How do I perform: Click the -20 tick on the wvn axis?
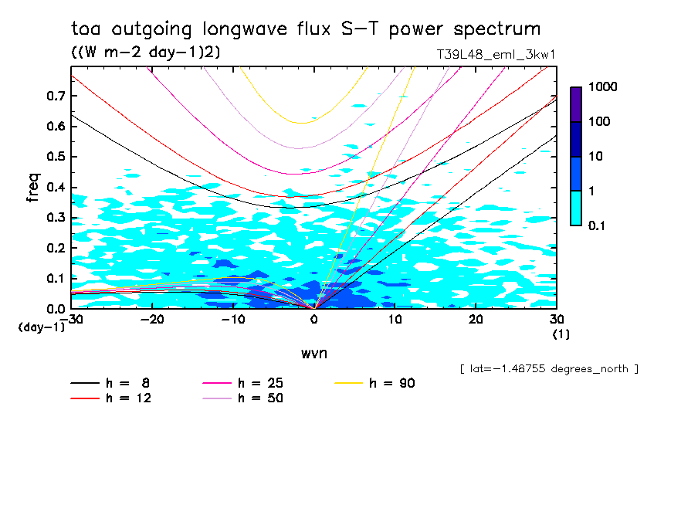click(152, 320)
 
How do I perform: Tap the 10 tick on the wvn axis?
click(395, 320)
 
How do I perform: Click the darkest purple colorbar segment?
click(576, 104)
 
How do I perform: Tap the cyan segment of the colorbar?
click(576, 208)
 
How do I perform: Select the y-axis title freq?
click(32, 188)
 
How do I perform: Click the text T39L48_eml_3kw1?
click(496, 55)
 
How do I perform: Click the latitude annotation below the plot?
click(548, 368)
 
